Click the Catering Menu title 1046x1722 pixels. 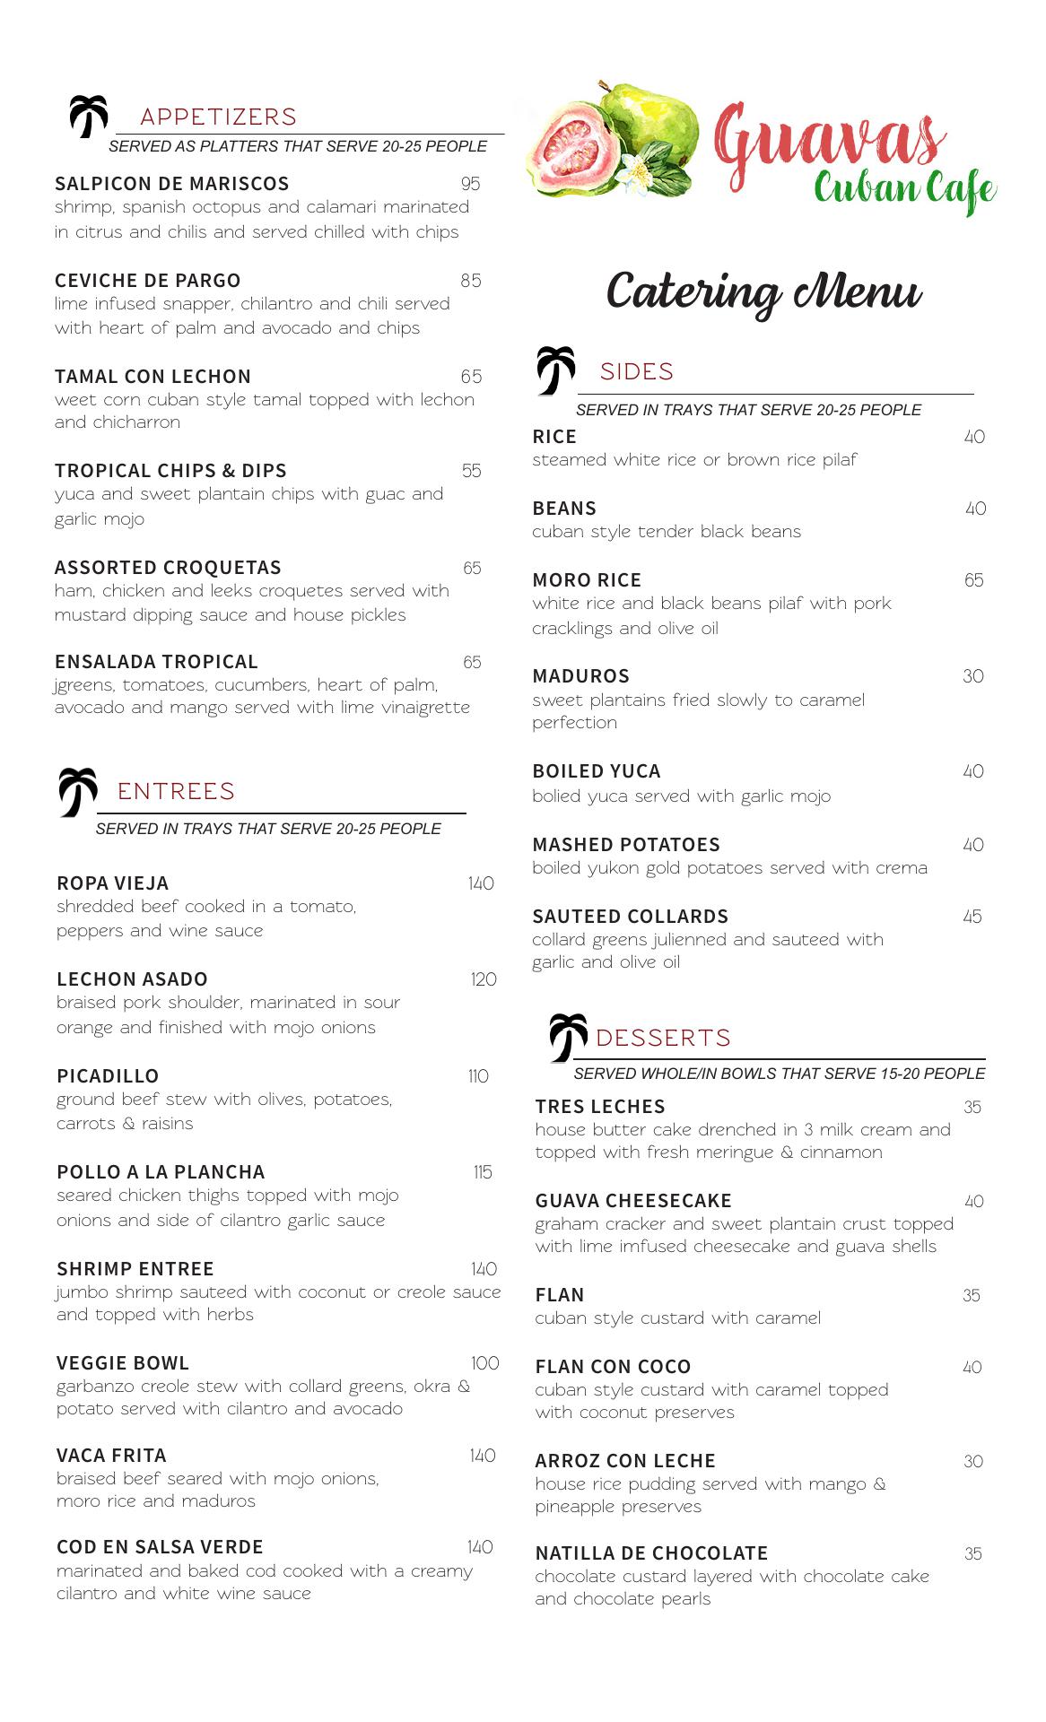763,292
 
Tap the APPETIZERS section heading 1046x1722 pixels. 218,117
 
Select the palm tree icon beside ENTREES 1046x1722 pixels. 78,791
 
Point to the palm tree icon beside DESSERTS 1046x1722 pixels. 568,1037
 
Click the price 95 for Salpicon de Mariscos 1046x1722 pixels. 470,184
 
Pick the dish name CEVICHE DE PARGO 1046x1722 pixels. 147,281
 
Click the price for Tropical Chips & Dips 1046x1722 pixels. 471,471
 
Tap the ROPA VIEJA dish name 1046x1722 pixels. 112,883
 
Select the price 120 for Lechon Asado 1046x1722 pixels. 484,979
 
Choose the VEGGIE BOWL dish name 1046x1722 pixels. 122,1363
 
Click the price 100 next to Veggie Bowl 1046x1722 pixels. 484,1363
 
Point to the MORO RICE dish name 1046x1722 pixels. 587,580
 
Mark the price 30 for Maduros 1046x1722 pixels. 972,676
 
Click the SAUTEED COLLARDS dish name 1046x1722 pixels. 630,917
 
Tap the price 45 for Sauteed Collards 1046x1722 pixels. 972,917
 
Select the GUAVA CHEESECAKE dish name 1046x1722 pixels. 633,1201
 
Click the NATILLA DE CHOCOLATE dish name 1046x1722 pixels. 651,1553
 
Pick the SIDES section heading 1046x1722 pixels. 636,371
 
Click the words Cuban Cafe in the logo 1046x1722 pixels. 904,189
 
